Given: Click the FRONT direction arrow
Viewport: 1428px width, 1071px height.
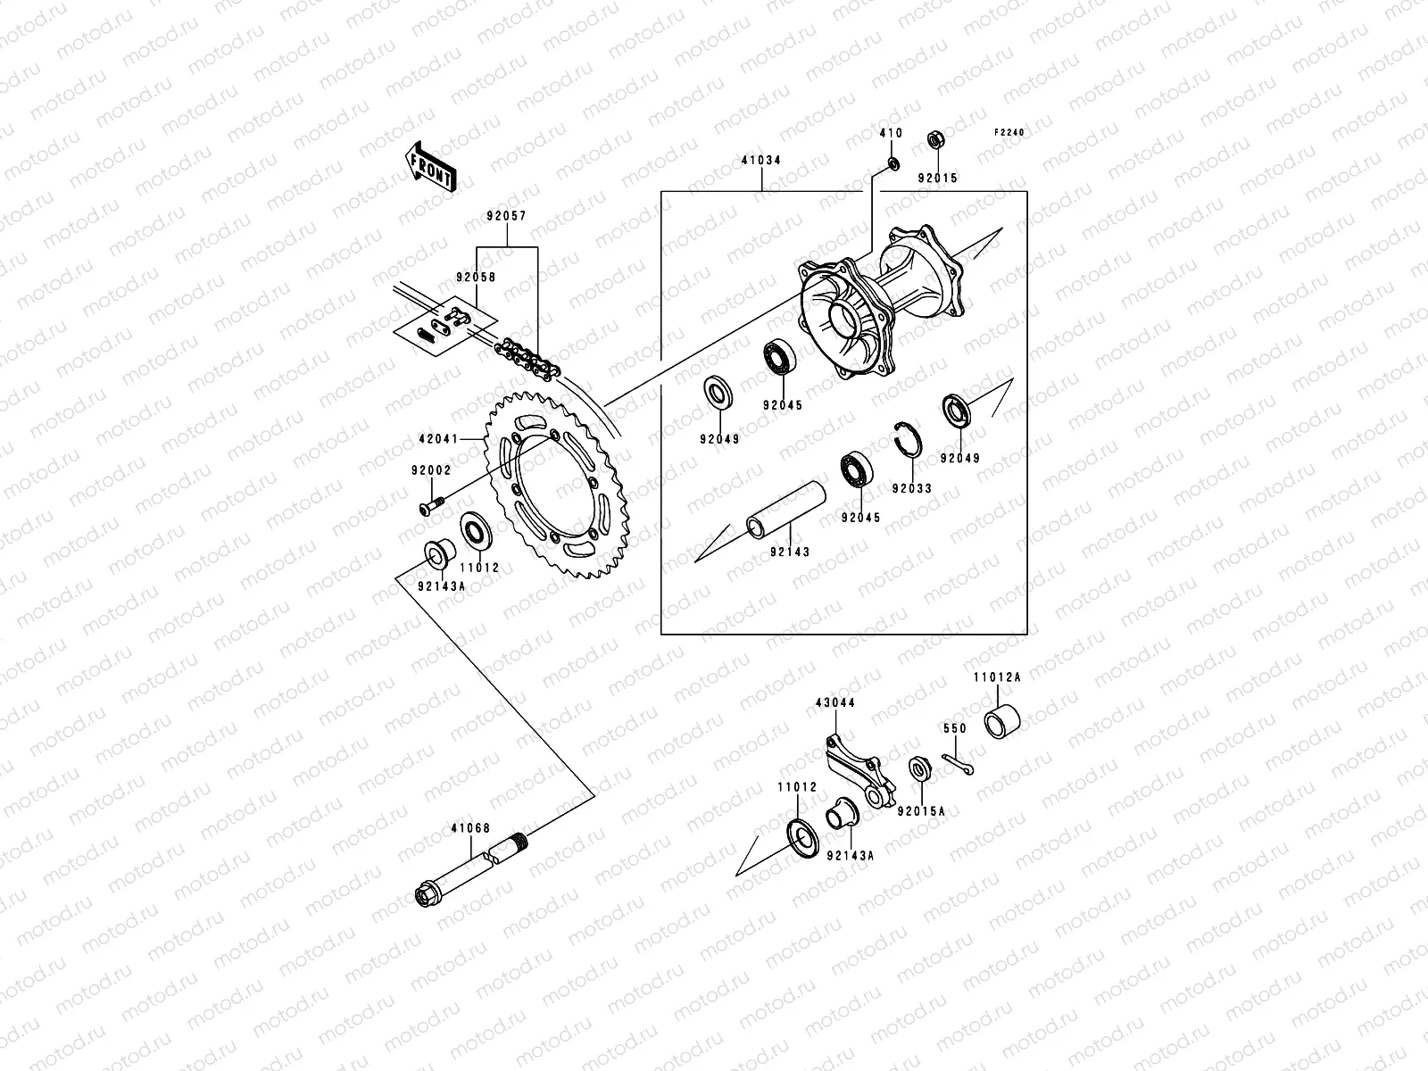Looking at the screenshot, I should (444, 165).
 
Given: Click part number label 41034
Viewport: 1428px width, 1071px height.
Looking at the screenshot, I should (761, 162).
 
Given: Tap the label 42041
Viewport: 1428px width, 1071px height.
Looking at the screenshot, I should (438, 439).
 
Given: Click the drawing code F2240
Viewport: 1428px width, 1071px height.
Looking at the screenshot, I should (1010, 132).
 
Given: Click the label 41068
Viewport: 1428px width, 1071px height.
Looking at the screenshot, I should (472, 828).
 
